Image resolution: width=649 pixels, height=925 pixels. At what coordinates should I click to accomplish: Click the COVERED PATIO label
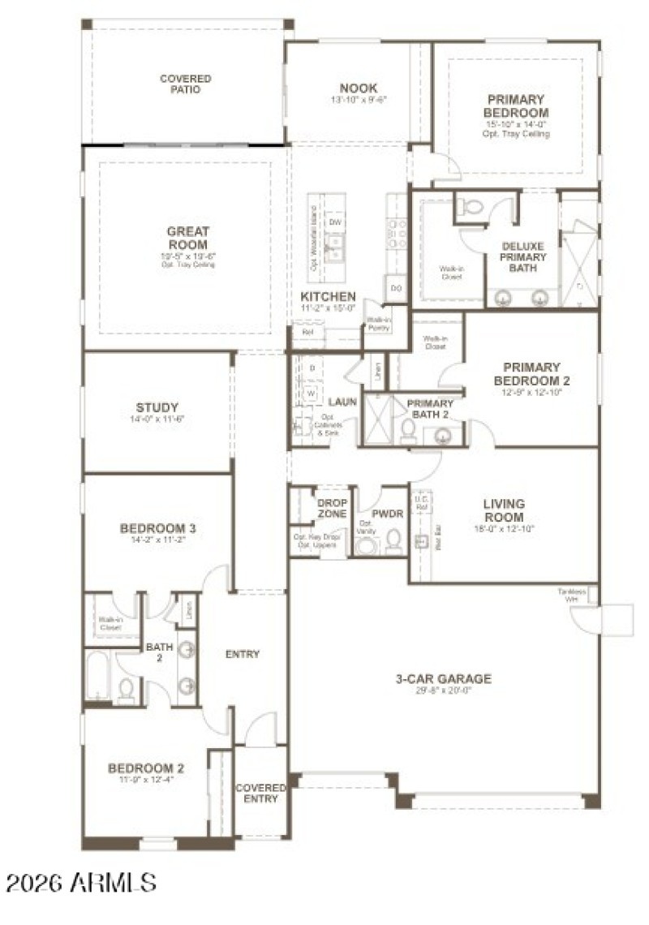[x=185, y=84]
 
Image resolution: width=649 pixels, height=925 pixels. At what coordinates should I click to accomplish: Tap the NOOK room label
[x=358, y=88]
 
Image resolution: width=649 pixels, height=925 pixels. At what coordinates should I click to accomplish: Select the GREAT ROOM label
[x=187, y=238]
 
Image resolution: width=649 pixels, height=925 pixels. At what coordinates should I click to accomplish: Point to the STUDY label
[x=157, y=407]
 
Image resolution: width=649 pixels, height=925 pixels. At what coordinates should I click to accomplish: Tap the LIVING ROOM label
[x=504, y=510]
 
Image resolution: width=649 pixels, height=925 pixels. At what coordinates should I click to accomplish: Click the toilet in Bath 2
[x=126, y=690]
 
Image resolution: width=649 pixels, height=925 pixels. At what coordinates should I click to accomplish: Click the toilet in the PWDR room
[x=394, y=540]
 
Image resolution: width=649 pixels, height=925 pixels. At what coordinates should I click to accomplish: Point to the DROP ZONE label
[x=332, y=509]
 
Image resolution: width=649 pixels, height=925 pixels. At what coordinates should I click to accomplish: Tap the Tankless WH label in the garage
[x=572, y=595]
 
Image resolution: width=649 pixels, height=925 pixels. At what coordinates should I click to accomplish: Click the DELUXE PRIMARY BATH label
[x=522, y=257]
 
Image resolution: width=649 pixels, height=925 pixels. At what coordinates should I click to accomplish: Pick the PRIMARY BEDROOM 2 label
[x=531, y=374]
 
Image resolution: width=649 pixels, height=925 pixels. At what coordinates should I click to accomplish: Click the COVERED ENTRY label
[x=260, y=793]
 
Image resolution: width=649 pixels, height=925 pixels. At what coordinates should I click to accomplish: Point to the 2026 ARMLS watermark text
[x=80, y=882]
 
